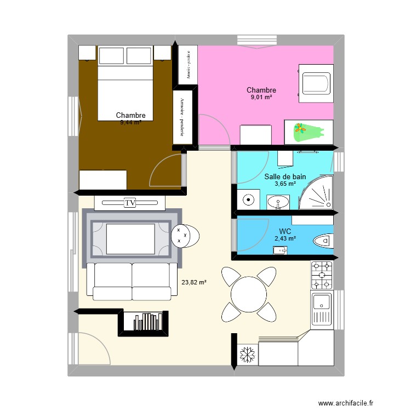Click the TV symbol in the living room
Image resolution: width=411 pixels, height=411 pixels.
pos(130,203)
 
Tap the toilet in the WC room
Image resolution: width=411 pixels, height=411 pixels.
pos(323,241)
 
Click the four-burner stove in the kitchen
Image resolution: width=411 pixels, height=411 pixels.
pos(322,275)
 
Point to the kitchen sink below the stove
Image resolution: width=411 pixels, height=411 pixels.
pos(322,303)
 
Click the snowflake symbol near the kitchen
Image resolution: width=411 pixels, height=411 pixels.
pos(247,355)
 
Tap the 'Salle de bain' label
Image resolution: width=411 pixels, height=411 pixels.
pos(285,176)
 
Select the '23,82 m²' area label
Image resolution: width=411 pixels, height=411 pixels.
pos(194,283)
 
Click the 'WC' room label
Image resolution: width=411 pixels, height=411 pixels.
pos(285,231)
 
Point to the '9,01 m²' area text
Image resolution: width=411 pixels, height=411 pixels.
pos(261,98)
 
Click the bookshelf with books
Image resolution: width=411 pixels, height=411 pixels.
pos(143,322)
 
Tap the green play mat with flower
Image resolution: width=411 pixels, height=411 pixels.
pos(309,132)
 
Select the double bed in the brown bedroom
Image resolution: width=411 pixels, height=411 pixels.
pos(125,90)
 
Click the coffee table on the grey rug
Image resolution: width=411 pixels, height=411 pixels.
pos(130,238)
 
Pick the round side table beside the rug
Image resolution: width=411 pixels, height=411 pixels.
pos(185,236)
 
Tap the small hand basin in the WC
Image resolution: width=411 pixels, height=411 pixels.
pos(280,250)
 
